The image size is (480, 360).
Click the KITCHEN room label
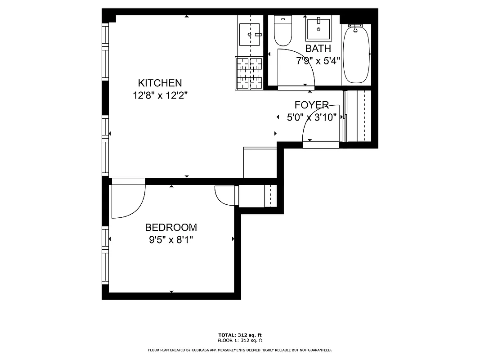point(160,83)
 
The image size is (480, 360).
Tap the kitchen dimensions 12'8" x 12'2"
point(160,95)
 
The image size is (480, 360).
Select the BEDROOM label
point(170,228)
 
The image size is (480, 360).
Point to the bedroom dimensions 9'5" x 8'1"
point(170,240)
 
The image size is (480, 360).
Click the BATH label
point(318,49)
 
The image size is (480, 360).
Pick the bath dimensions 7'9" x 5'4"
point(318,61)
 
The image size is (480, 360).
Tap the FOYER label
point(311,105)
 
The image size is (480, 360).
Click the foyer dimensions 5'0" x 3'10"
point(312,117)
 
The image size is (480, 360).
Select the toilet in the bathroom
point(283,31)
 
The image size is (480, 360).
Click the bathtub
point(356,54)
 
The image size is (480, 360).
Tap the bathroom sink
point(319,29)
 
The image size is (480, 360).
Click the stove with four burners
point(249,73)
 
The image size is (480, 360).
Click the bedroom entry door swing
point(128,200)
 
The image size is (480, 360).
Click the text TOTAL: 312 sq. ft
point(240,335)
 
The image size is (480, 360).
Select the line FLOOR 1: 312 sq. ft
point(240,341)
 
